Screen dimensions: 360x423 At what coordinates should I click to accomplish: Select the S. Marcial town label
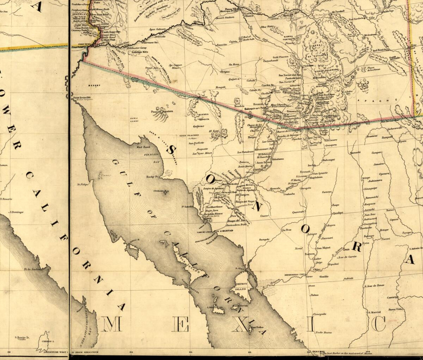pyautogui.click(x=374, y=312)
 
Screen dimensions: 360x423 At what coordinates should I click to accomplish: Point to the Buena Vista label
pyautogui.click(x=395, y=309)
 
